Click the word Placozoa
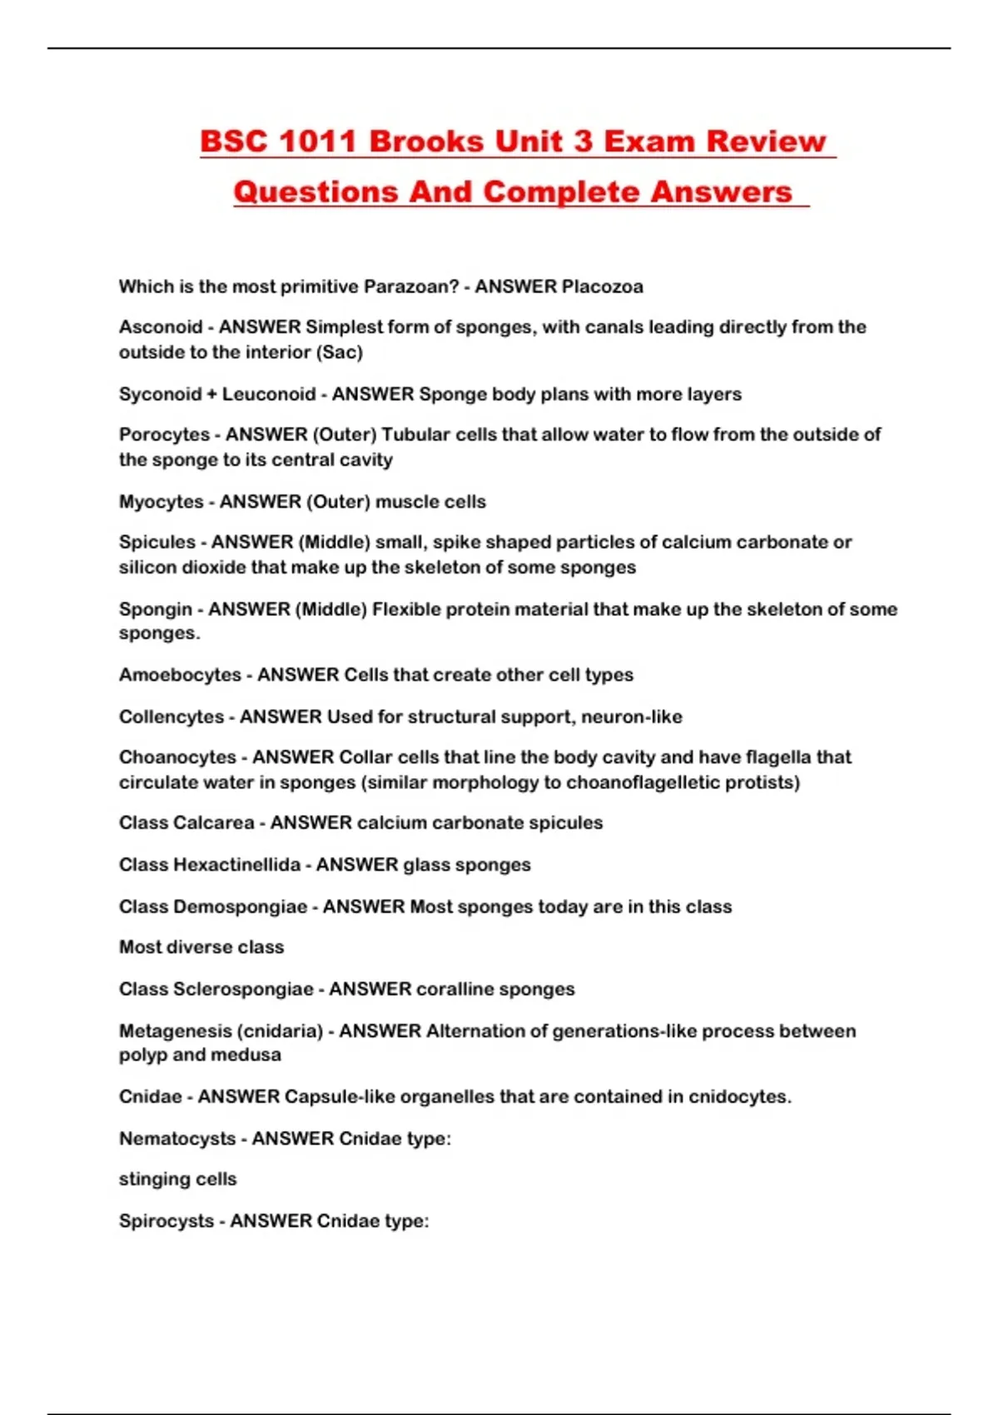click(602, 287)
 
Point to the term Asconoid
click(160, 327)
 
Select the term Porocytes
click(164, 434)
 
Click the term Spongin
click(156, 609)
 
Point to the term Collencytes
click(171, 717)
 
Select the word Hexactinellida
click(236, 865)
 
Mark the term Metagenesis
click(175, 1031)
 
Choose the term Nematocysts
click(176, 1139)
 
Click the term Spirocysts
click(166, 1221)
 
